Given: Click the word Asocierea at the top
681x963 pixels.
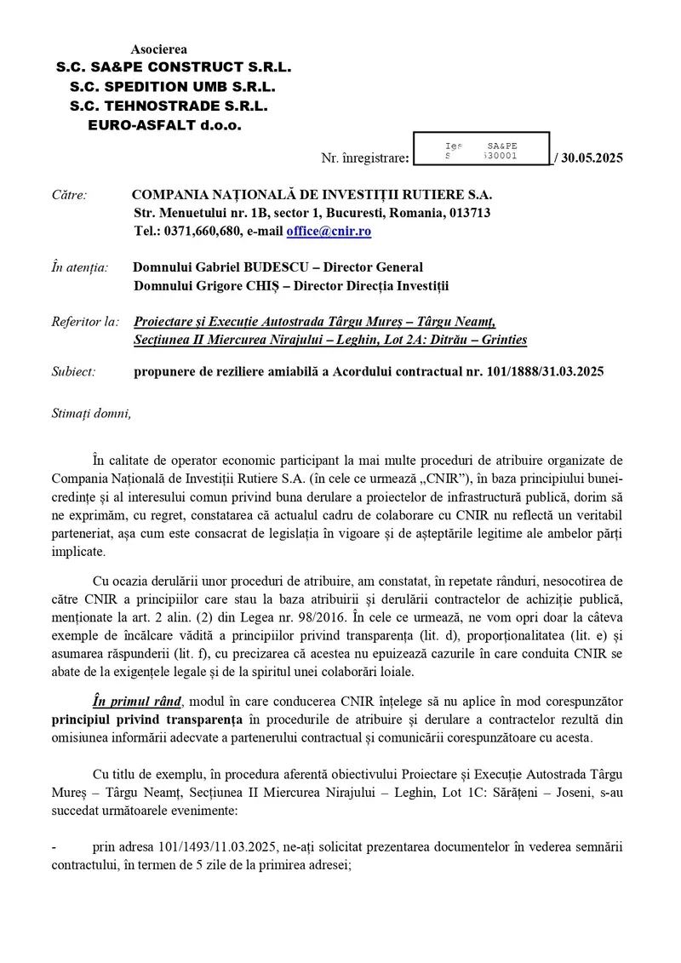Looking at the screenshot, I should click(159, 50).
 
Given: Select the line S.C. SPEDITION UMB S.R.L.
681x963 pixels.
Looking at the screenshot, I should click(174, 86).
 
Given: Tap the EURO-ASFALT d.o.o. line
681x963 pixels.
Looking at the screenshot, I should click(164, 124).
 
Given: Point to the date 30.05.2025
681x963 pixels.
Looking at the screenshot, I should click(592, 158).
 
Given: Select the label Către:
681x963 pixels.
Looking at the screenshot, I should click(69, 195).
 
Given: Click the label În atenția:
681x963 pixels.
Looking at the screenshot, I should click(80, 267).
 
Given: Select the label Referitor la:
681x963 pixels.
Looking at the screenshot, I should click(85, 321).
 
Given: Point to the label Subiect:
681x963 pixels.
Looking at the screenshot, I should click(74, 371).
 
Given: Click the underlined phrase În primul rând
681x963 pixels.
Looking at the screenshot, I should click(137, 701).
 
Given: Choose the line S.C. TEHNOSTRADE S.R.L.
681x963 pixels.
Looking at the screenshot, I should click(169, 106).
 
